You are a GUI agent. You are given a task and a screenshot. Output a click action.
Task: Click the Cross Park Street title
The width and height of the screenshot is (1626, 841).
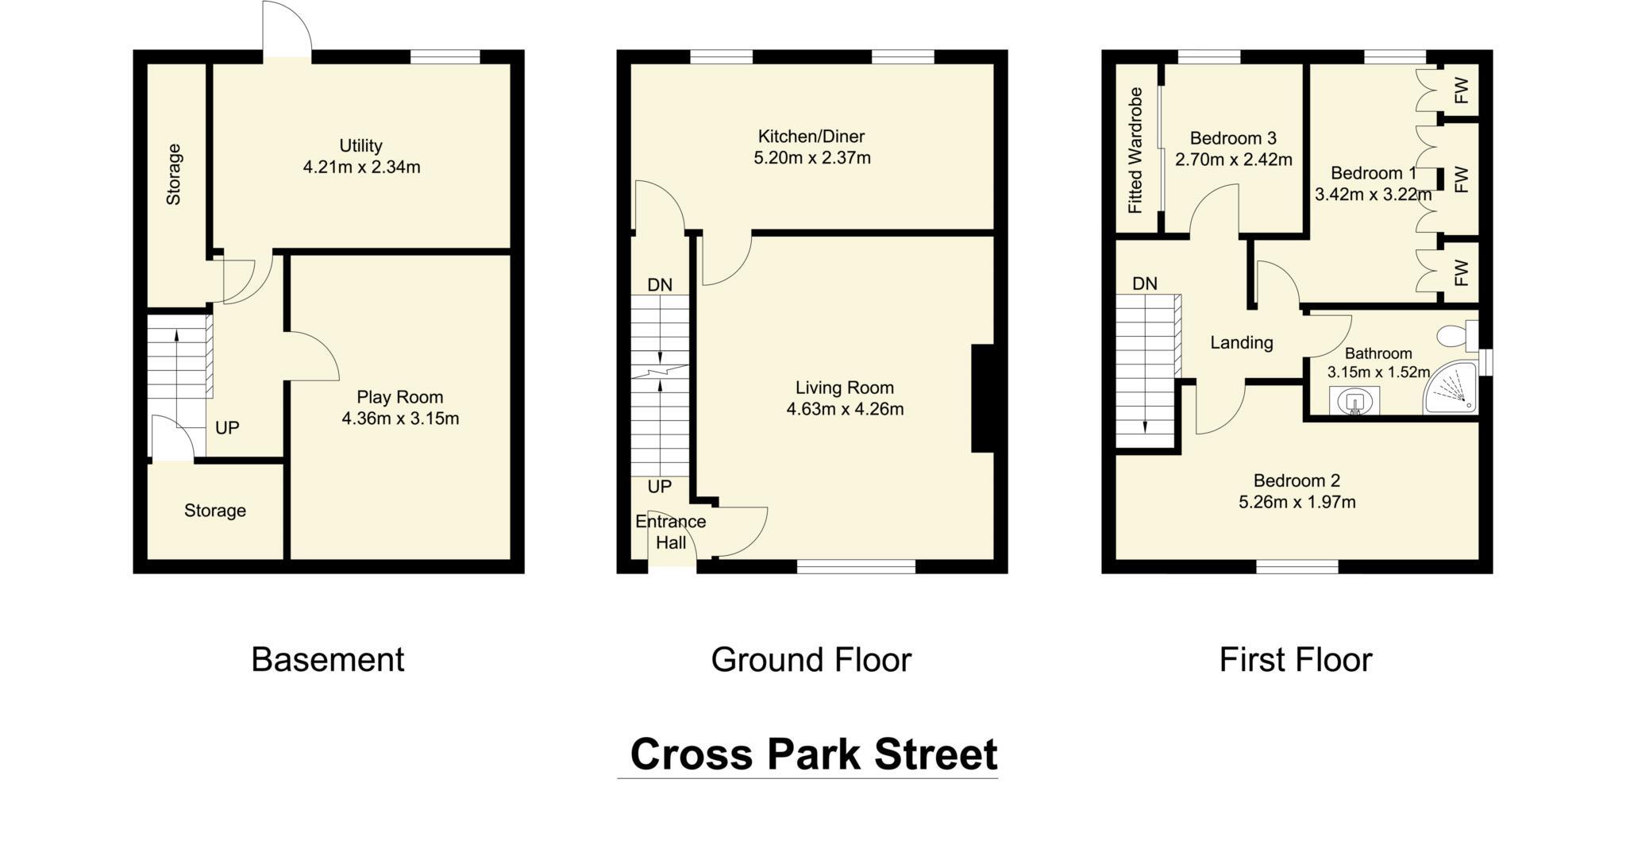tap(812, 754)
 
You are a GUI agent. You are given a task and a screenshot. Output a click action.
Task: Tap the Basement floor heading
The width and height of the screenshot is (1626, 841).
tap(327, 660)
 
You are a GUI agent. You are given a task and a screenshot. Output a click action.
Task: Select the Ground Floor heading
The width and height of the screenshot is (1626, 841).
tap(811, 660)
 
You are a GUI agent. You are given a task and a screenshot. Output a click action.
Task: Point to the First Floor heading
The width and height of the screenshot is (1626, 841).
tap(1295, 660)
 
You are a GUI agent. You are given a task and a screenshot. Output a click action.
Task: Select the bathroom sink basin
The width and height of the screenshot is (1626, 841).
tap(1353, 402)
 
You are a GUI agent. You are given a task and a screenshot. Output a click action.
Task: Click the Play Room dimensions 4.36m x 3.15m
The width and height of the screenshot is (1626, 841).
tap(400, 419)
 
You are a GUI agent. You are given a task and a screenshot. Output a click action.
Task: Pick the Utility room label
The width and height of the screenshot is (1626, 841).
tap(360, 146)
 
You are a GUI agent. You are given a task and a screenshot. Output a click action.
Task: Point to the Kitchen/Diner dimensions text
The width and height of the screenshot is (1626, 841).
tap(811, 158)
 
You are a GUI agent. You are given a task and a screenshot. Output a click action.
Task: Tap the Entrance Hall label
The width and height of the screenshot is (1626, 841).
tap(670, 532)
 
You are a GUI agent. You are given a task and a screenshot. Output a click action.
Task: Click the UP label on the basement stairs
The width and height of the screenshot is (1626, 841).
tap(227, 428)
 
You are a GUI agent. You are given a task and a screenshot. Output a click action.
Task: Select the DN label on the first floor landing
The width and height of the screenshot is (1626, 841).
tap(1144, 284)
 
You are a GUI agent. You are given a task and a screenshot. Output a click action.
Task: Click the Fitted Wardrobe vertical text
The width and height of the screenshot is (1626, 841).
tap(1135, 150)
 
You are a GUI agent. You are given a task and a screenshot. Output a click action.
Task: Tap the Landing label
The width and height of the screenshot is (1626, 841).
tap(1241, 342)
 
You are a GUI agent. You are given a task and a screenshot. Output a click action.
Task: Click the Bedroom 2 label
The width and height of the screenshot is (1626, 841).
tap(1297, 480)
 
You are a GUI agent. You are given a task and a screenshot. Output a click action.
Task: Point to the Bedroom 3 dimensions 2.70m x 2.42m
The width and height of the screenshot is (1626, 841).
tap(1233, 160)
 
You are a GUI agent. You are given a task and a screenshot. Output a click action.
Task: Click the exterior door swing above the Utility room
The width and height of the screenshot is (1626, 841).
tap(287, 28)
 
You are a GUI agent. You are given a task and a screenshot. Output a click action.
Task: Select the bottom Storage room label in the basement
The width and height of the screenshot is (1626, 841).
tap(214, 511)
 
